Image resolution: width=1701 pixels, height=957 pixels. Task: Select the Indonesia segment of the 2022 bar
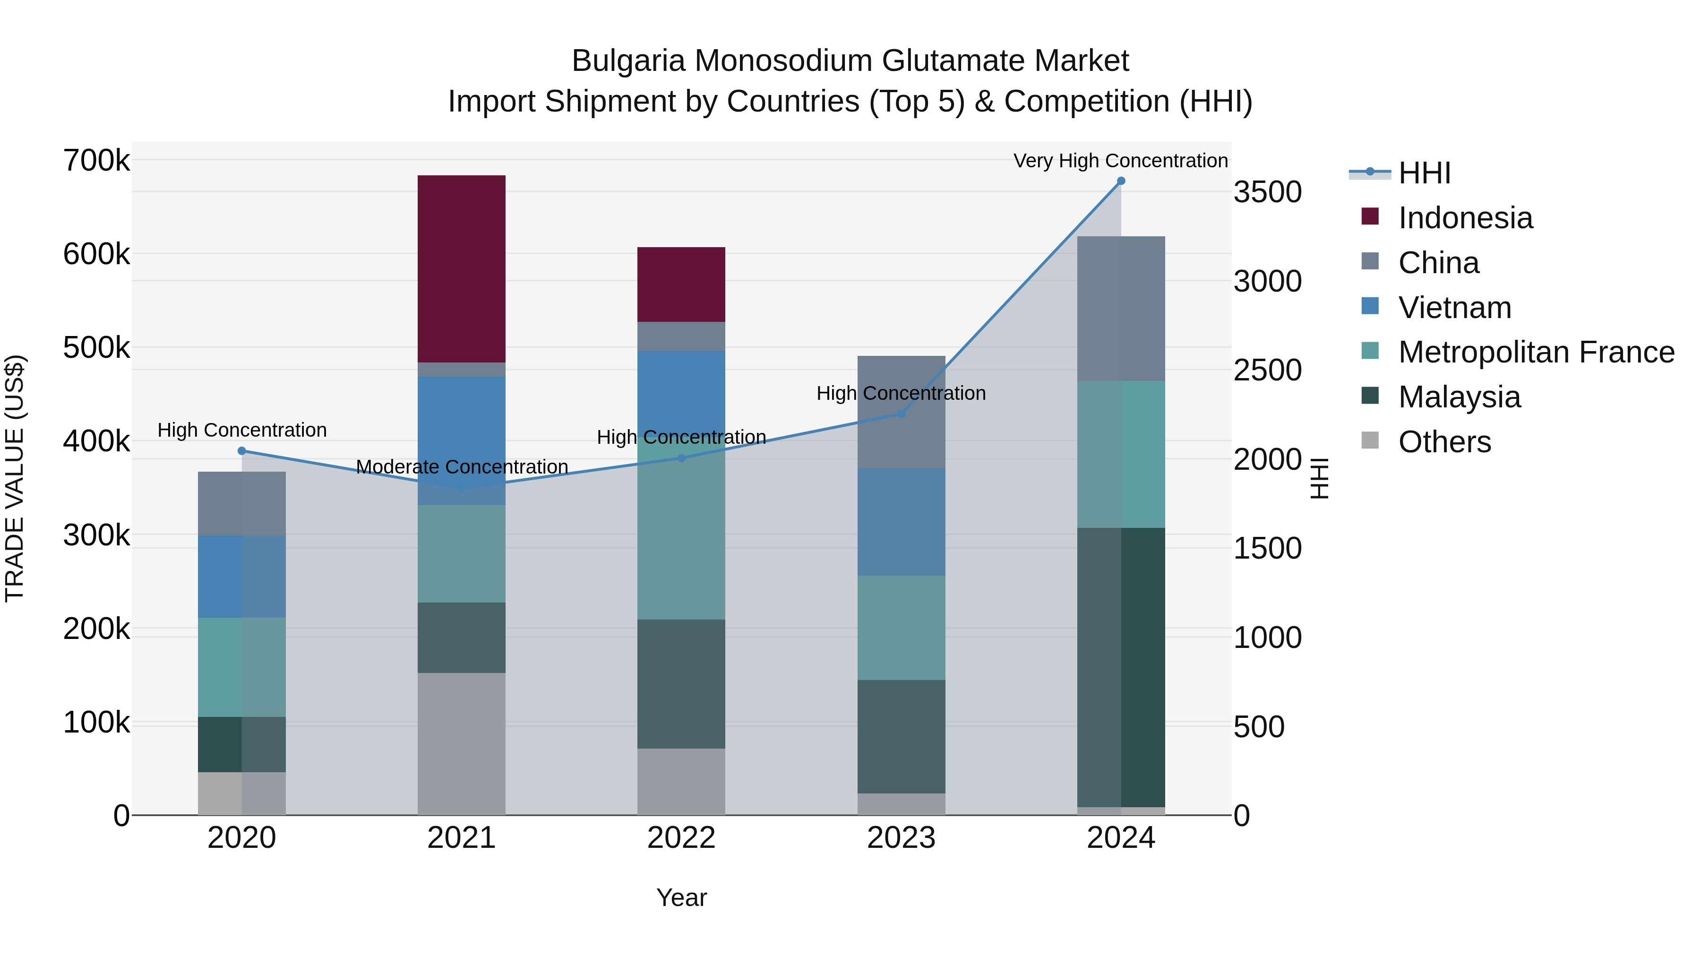point(681,285)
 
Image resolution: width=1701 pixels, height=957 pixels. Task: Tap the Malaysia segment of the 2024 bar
point(1121,667)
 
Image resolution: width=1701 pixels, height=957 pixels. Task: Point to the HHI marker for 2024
point(1121,181)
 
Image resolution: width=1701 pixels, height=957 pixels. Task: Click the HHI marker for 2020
point(241,451)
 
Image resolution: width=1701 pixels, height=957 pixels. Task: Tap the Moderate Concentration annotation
point(462,467)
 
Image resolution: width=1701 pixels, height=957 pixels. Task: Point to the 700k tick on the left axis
point(96,161)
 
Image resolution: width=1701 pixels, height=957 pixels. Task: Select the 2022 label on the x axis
point(681,838)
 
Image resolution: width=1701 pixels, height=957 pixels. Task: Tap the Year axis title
point(681,897)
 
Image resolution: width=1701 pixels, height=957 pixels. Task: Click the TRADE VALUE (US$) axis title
point(15,478)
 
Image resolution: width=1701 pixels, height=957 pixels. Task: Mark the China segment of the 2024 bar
point(1121,309)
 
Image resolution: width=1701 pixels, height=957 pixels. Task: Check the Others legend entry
point(1443,442)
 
